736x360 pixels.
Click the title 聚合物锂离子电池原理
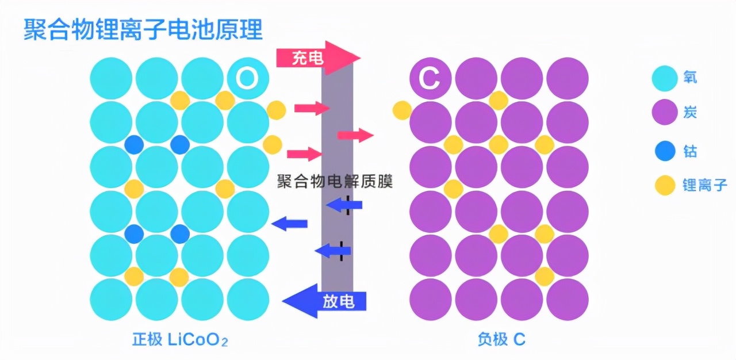[x=143, y=29]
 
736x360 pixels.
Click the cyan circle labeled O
[x=248, y=78]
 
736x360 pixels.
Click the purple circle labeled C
[x=430, y=78]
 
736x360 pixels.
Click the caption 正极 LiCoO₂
[x=180, y=340]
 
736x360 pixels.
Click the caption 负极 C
[x=501, y=340]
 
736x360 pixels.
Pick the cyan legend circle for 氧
[x=665, y=79]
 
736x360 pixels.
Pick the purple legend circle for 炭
[x=665, y=112]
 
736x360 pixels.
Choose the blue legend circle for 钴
[x=665, y=151]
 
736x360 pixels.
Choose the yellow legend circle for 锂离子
[x=665, y=185]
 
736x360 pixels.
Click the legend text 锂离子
[x=705, y=185]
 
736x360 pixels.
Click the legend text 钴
[x=690, y=151]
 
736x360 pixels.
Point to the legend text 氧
[x=690, y=77]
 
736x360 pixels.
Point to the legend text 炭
[x=690, y=112]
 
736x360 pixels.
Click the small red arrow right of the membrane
[x=355, y=136]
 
